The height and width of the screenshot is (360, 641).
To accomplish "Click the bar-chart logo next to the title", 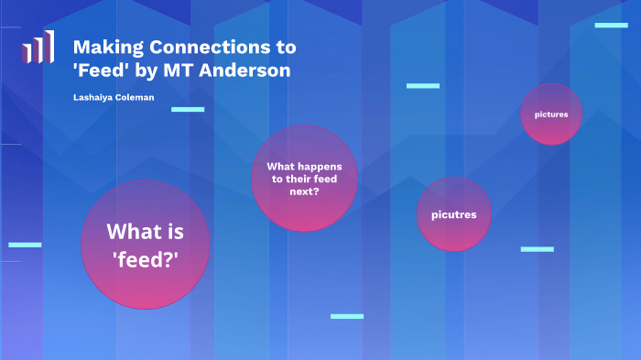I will tap(38, 48).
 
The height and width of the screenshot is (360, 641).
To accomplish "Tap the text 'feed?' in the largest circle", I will tap(146, 258).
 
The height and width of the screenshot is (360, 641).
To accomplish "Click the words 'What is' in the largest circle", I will tap(146, 232).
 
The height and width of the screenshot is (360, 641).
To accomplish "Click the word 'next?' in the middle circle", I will tap(304, 192).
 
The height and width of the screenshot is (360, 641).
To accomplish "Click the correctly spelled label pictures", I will tap(551, 115).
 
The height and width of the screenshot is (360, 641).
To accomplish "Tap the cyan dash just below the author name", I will tap(188, 109).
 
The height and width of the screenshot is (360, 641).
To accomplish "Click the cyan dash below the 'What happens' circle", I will tap(347, 316).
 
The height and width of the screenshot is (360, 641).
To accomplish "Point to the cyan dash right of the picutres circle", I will tap(537, 249).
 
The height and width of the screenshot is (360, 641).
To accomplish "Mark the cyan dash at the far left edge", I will tap(25, 245).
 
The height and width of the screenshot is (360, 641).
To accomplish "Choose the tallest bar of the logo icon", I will tap(49, 46).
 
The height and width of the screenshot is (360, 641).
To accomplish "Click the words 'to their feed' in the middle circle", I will tap(304, 180).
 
